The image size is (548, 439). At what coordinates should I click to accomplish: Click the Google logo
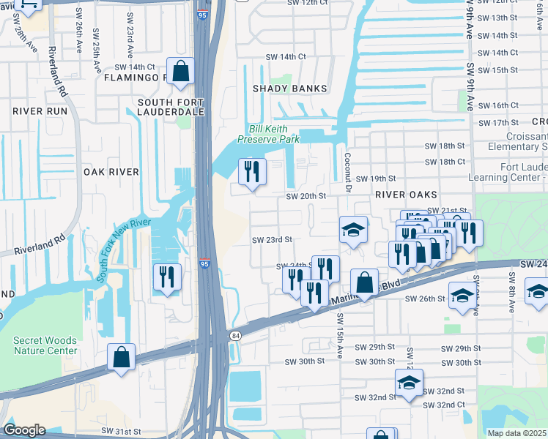23,430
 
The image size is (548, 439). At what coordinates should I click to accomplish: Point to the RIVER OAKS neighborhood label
406,195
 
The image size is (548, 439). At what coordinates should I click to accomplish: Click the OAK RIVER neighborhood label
111,172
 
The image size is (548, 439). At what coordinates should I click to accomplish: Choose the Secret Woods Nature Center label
45,345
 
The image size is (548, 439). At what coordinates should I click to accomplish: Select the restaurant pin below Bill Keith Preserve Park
252,173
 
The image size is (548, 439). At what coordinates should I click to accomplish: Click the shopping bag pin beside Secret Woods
121,358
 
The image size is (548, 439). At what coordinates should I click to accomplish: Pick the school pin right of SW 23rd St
353,230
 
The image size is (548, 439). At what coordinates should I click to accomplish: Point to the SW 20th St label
306,196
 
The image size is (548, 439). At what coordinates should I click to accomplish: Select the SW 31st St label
120,432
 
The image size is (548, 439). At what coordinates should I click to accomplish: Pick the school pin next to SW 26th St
462,296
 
